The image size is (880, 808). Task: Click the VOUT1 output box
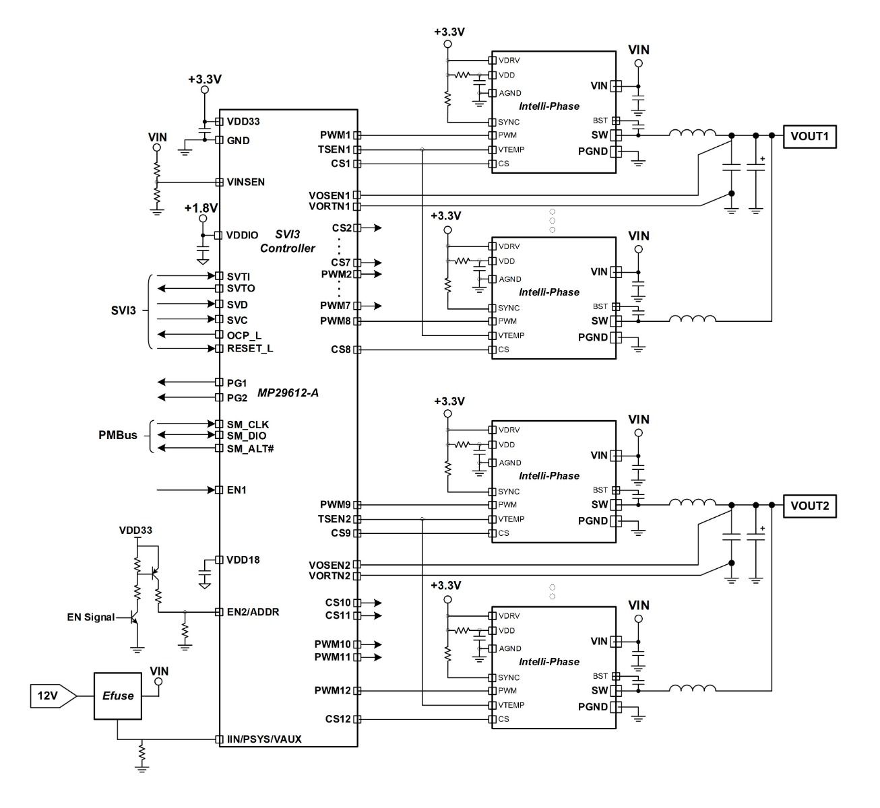(809, 136)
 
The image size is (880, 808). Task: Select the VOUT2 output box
(809, 506)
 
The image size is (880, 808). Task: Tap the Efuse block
(118, 696)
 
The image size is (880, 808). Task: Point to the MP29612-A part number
(288, 393)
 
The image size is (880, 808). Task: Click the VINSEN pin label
(246, 182)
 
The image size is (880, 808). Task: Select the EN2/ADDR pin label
(253, 612)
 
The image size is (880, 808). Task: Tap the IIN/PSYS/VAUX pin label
(264, 739)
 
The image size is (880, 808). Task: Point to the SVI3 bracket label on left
(123, 311)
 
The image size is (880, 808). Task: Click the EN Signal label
(90, 617)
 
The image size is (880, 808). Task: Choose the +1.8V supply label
(201, 208)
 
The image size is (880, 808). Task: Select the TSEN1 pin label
(334, 149)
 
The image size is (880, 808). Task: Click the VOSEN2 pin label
(329, 565)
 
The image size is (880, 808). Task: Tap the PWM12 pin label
(332, 691)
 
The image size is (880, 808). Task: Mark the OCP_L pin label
(245, 335)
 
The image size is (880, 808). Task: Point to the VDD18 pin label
(243, 560)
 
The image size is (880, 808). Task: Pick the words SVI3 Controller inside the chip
(288, 241)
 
